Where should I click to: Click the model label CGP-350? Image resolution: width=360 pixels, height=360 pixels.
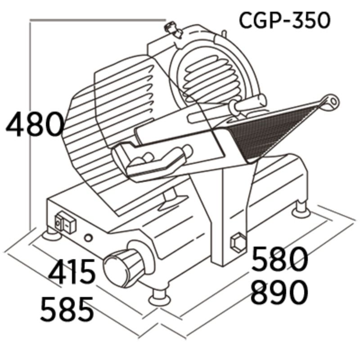(x=284, y=20)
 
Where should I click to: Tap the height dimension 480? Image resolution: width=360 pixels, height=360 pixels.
(x=35, y=125)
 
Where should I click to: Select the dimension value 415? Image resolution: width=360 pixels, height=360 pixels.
(x=72, y=272)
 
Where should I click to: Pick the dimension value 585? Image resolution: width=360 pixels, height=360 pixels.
(x=67, y=309)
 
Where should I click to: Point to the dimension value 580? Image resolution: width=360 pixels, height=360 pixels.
(x=279, y=260)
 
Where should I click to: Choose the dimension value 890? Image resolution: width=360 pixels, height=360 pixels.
(x=279, y=292)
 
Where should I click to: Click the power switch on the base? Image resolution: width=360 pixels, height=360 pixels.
(x=65, y=224)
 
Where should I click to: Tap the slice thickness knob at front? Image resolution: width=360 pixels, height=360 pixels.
(x=121, y=268)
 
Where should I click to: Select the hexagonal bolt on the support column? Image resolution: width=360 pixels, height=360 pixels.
(x=237, y=243)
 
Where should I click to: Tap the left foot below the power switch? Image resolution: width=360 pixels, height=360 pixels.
(x=51, y=234)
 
